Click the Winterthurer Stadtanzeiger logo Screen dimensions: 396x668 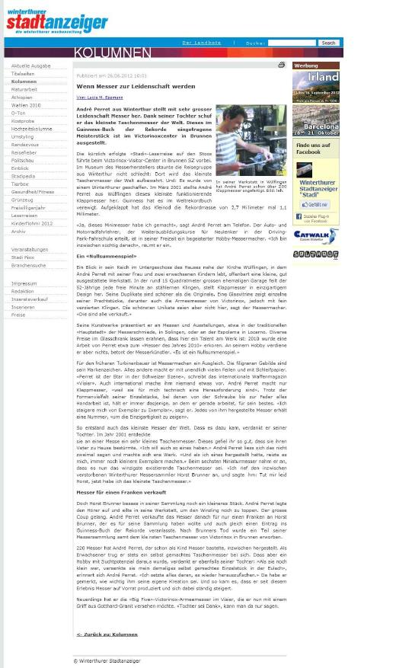click(x=57, y=22)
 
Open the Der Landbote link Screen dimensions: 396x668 click(x=202, y=43)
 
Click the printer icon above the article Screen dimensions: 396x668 click(x=281, y=66)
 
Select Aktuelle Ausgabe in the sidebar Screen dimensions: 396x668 click(x=31, y=66)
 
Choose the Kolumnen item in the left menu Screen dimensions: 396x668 click(x=24, y=82)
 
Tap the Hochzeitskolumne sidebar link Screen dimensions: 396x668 click(x=32, y=129)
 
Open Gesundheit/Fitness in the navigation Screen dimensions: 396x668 click(x=33, y=192)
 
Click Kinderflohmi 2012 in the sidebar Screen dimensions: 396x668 click(x=32, y=223)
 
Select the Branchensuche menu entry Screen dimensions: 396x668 click(x=28, y=265)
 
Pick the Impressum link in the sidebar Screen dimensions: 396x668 click(x=24, y=283)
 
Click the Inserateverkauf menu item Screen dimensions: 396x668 click(x=29, y=299)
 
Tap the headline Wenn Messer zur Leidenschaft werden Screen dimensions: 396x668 click(x=136, y=87)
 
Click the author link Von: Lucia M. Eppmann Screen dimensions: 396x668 click(x=99, y=97)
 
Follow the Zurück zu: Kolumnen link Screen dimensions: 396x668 click(x=107, y=634)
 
